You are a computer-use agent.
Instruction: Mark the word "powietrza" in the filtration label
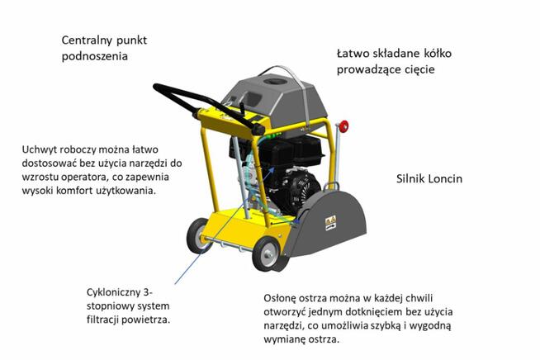[x=151, y=322]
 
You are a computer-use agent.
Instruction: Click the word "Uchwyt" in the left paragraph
[x=44, y=149]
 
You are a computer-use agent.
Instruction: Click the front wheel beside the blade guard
[x=267, y=254]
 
